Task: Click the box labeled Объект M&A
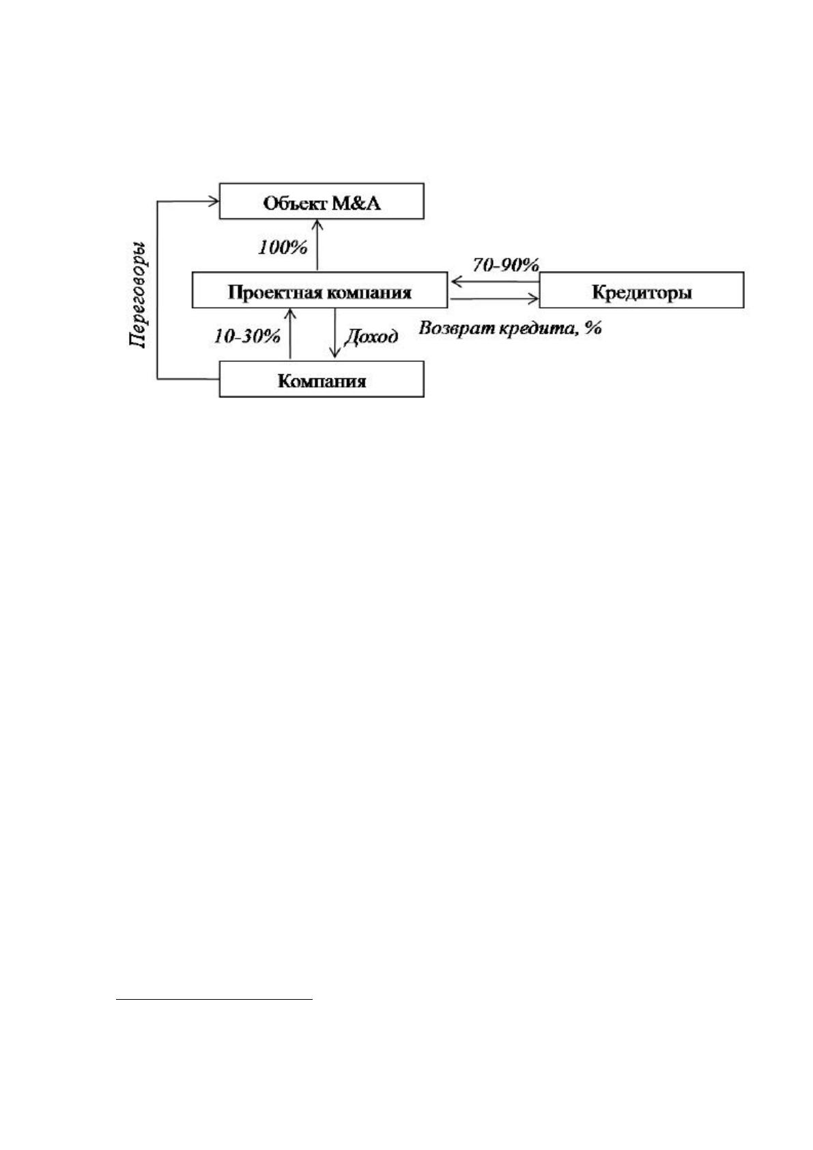coord(322,201)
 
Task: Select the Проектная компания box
coord(319,290)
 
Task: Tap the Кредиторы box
coord(641,290)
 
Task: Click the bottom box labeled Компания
coord(322,379)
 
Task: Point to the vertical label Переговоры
coord(137,295)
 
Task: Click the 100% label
coord(283,248)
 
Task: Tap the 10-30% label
coord(247,336)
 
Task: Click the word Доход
coord(371,337)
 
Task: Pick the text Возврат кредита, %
coord(510,328)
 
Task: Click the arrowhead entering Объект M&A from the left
coord(214,201)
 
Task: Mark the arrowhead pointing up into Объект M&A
coord(317,224)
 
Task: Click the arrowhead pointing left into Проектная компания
coord(454,281)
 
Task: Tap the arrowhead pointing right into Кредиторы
coord(534,299)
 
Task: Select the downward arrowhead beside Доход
coord(334,354)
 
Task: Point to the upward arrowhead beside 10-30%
coord(291,313)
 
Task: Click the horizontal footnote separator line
coord(214,1000)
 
